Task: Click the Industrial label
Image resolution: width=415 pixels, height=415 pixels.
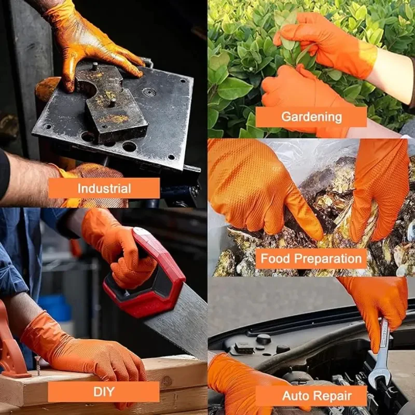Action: [104, 188]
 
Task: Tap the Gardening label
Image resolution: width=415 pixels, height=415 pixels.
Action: [311, 117]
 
